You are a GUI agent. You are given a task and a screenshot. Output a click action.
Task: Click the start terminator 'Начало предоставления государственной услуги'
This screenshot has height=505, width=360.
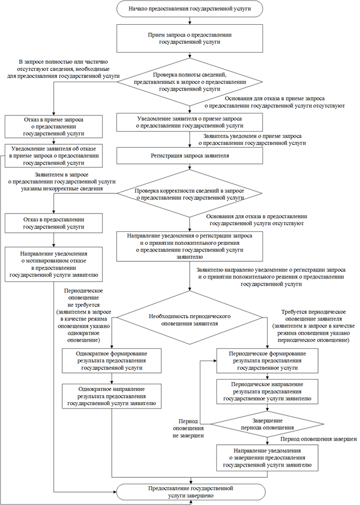pos(190,9)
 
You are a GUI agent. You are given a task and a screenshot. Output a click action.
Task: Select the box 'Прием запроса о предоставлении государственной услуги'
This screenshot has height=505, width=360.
pos(190,39)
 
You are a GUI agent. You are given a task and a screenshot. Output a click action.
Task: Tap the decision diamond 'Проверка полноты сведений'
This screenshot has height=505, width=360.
pos(189,81)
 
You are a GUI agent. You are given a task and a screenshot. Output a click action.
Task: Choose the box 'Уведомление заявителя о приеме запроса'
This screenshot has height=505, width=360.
pos(189,122)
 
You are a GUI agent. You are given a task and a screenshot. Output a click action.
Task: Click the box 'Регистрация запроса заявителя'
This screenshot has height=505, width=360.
pos(189,156)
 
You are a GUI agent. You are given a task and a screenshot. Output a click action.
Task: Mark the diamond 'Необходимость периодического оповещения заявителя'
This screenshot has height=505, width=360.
pos(189,320)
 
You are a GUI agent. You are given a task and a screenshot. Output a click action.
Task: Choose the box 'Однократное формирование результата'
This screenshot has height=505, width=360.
pos(112,360)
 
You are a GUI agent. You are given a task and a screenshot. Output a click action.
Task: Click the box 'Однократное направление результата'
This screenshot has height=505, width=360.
pos(112,396)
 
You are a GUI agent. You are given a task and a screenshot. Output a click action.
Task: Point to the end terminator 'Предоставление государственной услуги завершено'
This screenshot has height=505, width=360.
pos(190,492)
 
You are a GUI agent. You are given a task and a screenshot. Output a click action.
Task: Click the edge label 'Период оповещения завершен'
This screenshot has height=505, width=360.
pos(318,439)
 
